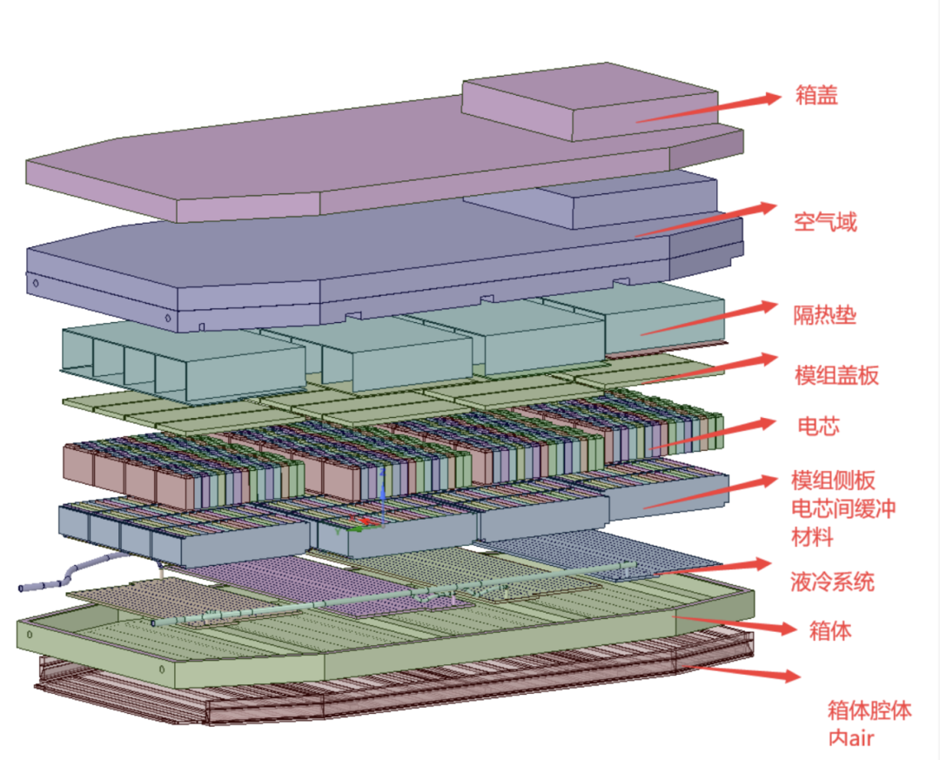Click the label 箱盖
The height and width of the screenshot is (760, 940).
(816, 95)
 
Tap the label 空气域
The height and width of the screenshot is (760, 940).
(825, 222)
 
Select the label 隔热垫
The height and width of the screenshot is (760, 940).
(824, 314)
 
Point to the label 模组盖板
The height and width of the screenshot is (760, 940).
(836, 375)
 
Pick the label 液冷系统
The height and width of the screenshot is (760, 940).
(832, 581)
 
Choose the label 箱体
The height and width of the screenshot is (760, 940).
(829, 631)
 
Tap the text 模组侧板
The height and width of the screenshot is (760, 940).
(832, 480)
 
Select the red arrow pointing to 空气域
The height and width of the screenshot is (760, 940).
(705, 221)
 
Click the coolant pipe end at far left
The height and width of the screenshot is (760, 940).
(23, 588)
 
